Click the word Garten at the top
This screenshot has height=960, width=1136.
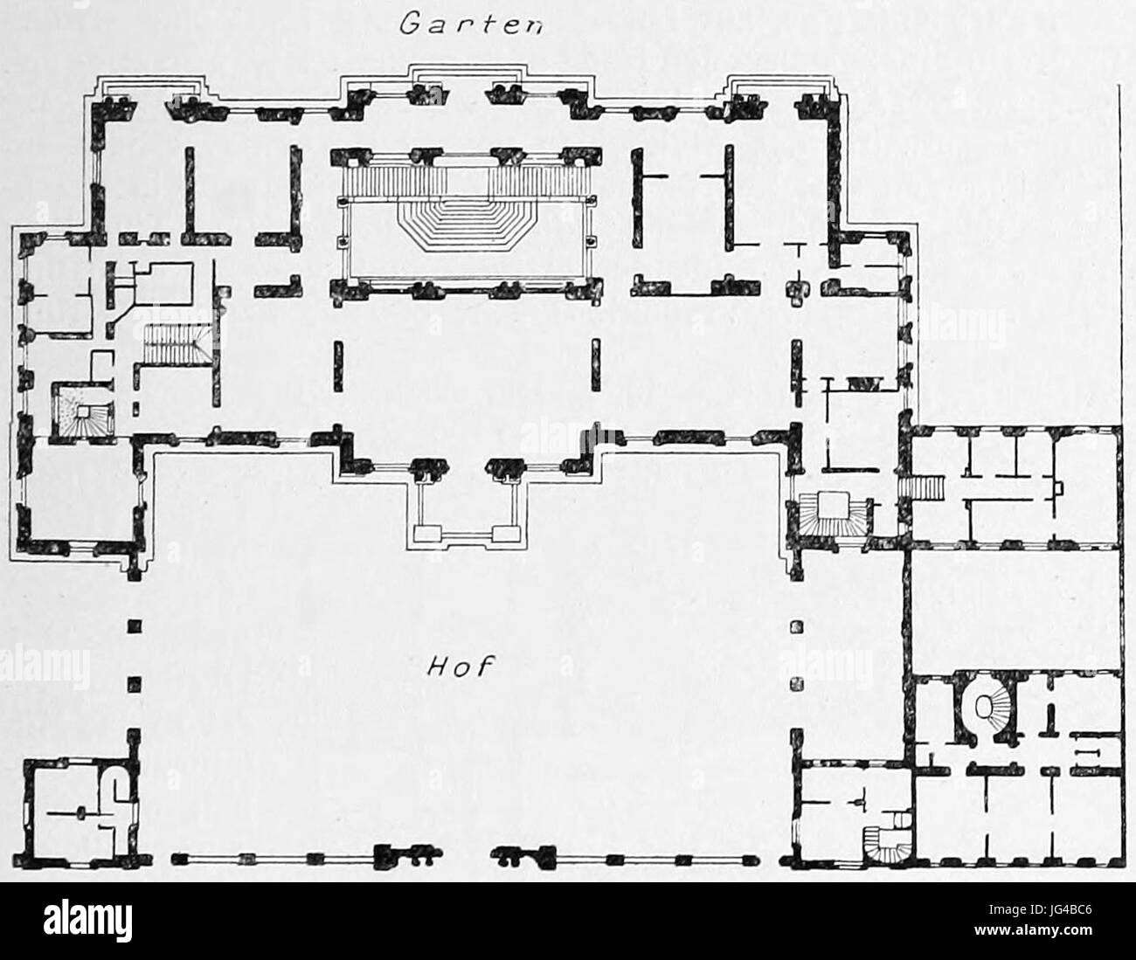(472, 24)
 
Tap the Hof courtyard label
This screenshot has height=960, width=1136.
(459, 666)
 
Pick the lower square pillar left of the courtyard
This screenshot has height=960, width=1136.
(134, 685)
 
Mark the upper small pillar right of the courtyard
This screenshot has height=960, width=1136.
(797, 627)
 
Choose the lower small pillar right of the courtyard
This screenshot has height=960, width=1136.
(797, 685)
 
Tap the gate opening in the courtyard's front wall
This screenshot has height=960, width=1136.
(467, 859)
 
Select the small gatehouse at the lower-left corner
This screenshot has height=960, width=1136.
(77, 812)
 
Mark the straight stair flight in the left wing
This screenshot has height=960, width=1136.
(171, 344)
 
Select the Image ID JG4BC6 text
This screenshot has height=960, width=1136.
(1040, 909)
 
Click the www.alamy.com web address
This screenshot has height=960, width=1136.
(1033, 929)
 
